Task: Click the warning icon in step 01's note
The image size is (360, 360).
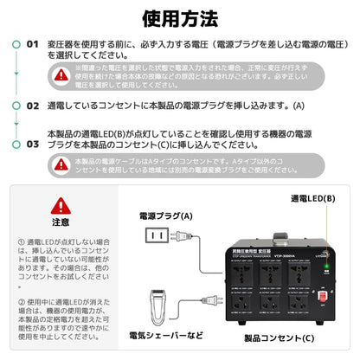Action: (61, 75)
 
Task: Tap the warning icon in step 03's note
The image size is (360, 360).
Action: (61, 166)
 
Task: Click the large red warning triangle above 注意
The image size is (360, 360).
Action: (61, 206)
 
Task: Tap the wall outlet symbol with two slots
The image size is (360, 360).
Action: (156, 235)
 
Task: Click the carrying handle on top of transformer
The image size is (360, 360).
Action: (270, 212)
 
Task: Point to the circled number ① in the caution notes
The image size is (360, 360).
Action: (21, 245)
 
